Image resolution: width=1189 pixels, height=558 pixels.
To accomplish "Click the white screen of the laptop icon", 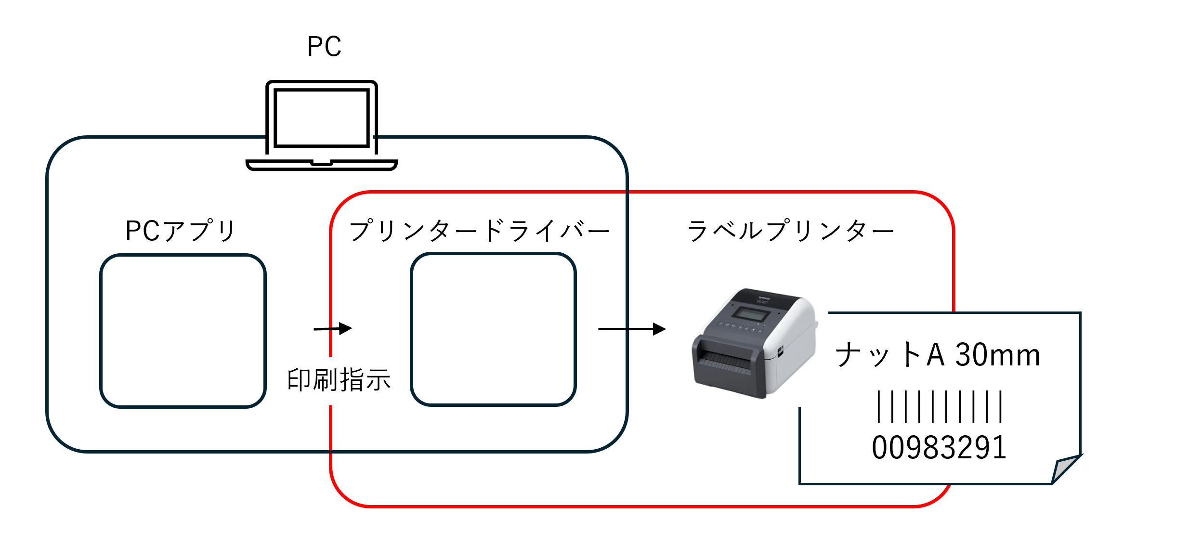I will click(x=321, y=117).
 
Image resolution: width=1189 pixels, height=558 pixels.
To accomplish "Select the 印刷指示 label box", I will click(x=339, y=381).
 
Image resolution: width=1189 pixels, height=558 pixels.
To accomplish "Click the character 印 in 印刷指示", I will click(x=299, y=380).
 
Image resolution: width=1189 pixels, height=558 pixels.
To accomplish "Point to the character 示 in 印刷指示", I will click(x=378, y=380).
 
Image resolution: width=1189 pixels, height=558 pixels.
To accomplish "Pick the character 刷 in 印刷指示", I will click(x=325, y=380).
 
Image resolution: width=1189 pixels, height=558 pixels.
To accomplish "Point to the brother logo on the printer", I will click(x=764, y=299).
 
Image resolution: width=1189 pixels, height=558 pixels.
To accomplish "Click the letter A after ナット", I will click(x=935, y=355).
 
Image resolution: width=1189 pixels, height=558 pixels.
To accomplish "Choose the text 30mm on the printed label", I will click(x=997, y=355).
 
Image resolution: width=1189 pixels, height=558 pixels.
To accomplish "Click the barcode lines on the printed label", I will click(x=940, y=407).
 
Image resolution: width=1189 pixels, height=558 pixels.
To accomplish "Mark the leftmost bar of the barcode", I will click(x=879, y=407).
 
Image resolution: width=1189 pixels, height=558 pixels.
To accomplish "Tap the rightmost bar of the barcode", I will click(x=1001, y=407).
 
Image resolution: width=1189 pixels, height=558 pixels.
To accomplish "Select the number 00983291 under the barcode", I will click(x=939, y=447).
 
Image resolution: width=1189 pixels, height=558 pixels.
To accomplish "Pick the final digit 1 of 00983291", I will click(x=1000, y=447).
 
